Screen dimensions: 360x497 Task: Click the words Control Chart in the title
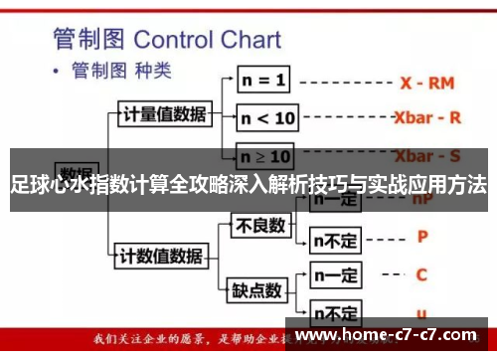tap(207, 41)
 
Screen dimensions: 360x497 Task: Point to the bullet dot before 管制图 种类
tap(56, 72)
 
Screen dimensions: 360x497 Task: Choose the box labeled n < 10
tap(267, 117)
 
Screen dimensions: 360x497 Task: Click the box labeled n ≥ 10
tap(266, 156)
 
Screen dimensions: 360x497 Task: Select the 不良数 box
tap(259, 226)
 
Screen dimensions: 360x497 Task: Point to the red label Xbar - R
tap(427, 117)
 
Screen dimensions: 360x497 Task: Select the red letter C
tap(421, 273)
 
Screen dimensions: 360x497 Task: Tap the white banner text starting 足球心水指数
tap(248, 184)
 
